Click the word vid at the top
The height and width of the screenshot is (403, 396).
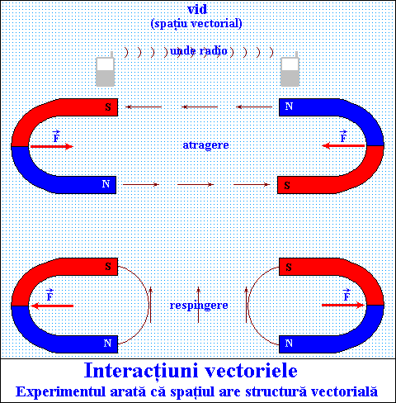point(197,9)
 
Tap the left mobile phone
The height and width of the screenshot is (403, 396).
point(105,69)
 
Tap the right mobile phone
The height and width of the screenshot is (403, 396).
point(290,69)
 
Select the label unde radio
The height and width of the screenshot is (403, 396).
point(199,51)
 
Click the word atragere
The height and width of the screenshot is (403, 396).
point(205,145)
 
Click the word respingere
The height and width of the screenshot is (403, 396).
point(199,306)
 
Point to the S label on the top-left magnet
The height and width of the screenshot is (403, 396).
point(108,107)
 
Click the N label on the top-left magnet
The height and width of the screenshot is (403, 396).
point(106,184)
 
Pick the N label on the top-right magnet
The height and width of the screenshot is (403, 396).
point(289,107)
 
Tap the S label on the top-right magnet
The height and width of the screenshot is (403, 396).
point(287,186)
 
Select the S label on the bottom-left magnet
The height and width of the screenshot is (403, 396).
point(108,267)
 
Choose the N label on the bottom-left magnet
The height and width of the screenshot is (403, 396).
point(107,344)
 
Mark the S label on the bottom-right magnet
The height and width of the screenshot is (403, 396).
point(289,267)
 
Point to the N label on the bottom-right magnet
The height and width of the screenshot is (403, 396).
point(289,344)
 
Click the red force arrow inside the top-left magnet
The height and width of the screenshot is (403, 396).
point(51,146)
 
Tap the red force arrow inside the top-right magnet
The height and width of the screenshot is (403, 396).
point(343,145)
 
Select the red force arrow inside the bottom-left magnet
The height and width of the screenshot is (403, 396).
point(52,306)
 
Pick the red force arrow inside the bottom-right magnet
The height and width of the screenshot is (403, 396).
point(343,305)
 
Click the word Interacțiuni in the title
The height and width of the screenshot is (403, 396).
point(141,371)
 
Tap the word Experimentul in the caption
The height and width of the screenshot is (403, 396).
point(60,392)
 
